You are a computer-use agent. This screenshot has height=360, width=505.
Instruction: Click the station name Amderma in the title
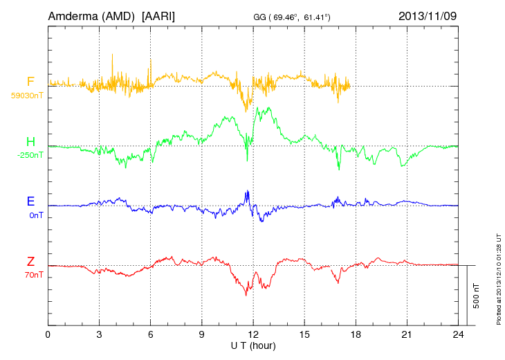point(69,15)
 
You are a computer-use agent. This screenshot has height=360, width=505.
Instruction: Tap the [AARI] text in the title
point(158,15)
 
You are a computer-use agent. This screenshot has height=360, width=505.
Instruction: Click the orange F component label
point(30,82)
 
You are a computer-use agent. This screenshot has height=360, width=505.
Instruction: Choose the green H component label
point(30,143)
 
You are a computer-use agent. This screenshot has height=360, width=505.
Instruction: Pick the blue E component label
point(30,202)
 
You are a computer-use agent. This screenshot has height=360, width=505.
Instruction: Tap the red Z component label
point(30,262)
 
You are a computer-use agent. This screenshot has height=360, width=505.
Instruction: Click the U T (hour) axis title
point(253,345)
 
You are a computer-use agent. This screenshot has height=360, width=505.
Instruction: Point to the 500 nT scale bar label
point(476,296)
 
